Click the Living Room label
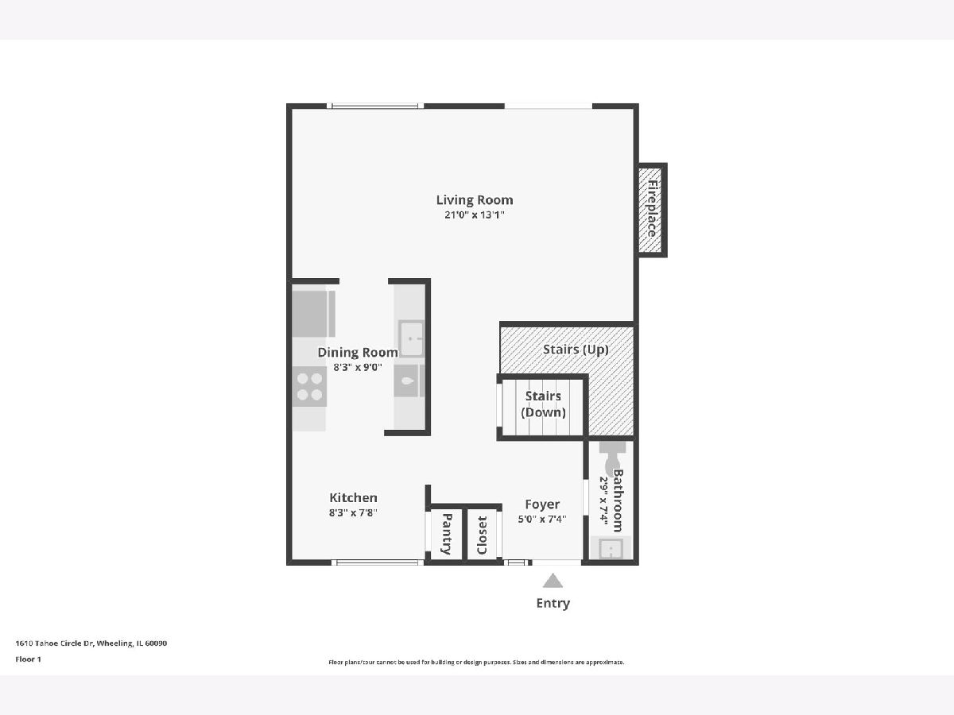point(475,200)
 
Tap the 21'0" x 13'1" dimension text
point(475,214)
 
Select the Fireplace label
point(653,209)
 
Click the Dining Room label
point(358,353)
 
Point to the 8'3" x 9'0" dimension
point(358,367)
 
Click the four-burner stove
point(309,386)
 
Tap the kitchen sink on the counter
point(411,338)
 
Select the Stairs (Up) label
point(576,350)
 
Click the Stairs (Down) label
point(543,404)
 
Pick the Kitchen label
point(353,497)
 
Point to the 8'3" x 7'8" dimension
point(353,512)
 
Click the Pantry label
point(446,534)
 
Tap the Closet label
point(482,535)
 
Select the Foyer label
point(542,504)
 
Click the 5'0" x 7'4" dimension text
point(542,520)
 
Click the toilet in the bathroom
point(613,457)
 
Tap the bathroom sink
point(611,549)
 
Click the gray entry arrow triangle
point(553,581)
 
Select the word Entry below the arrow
point(553,603)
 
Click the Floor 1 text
point(29,659)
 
